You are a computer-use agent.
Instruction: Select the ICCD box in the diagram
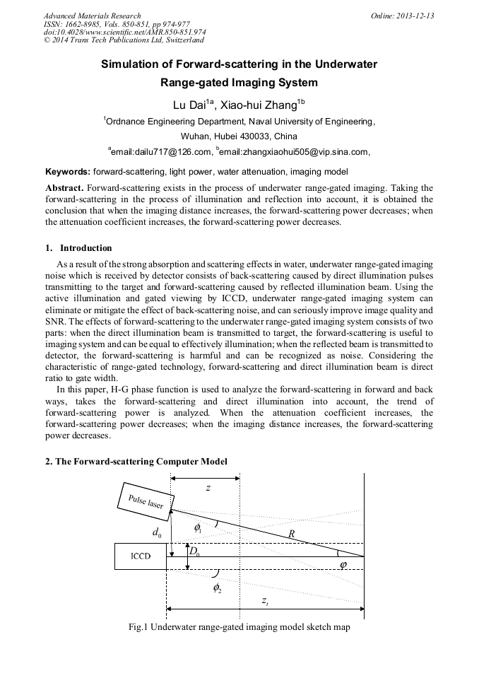point(141,556)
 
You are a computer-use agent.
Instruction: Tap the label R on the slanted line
point(291,534)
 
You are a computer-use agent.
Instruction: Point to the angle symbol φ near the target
point(343,564)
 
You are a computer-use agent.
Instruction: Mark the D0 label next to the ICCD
point(194,551)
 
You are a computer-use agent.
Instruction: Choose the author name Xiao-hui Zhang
point(259,106)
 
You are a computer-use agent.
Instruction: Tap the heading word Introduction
point(85,248)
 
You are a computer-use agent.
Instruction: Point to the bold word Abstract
point(64,188)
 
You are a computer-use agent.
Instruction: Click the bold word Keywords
point(67,171)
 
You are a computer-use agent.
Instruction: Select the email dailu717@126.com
point(162,151)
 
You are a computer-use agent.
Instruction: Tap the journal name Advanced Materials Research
point(92,16)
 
